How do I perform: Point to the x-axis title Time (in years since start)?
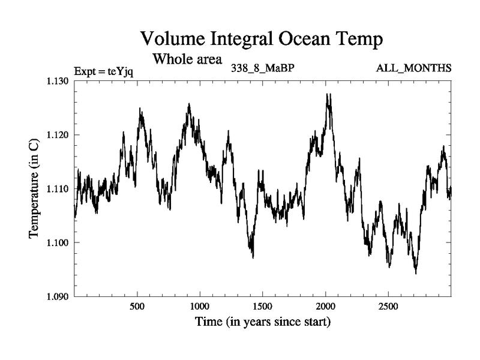point(263,322)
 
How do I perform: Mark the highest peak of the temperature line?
point(328,94)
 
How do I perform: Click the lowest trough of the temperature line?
point(416,273)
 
